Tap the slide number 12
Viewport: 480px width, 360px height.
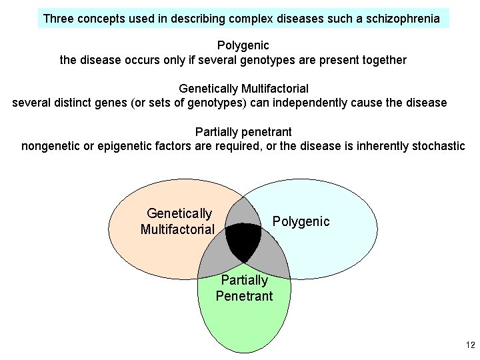point(470,345)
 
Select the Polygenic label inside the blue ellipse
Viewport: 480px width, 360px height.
point(301,221)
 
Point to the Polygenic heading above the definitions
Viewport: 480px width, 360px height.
point(243,46)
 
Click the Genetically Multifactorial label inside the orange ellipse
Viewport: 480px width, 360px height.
point(178,221)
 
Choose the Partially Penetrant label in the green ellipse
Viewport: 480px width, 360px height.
point(244,288)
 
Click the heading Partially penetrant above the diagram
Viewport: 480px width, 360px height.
point(243,131)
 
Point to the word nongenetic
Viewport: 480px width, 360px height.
point(51,145)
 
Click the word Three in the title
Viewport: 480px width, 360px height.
point(59,19)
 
